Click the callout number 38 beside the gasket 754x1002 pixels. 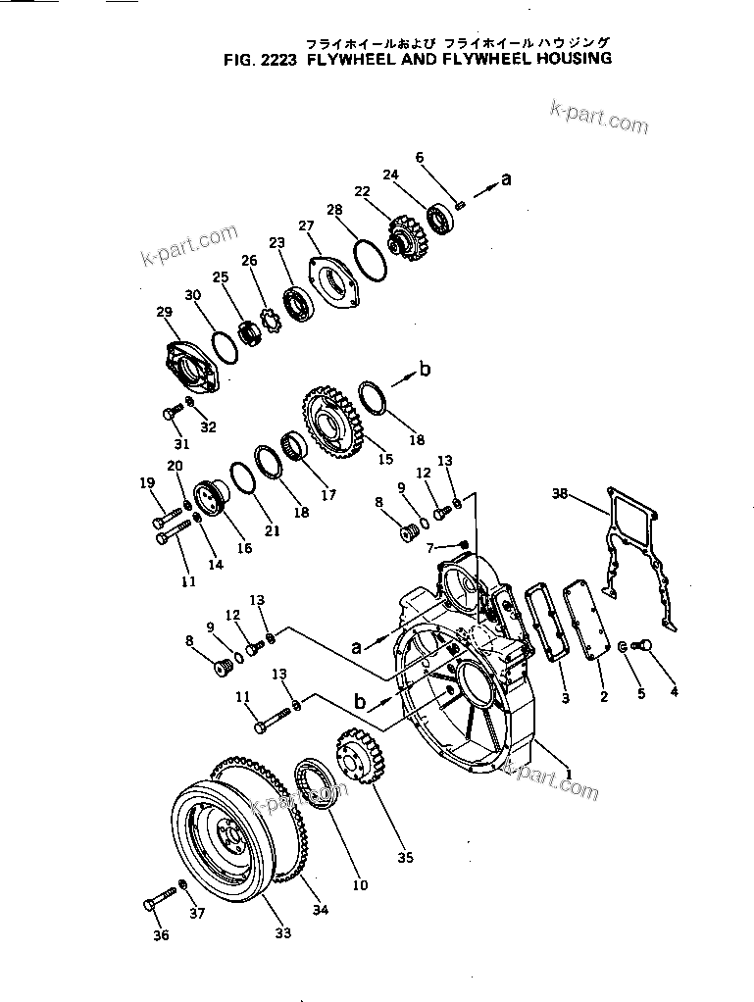560,495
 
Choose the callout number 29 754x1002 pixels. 164,313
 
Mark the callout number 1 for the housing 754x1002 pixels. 567,774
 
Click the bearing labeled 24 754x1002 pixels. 437,219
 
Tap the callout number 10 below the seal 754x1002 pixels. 360,885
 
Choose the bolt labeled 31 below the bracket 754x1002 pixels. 171,415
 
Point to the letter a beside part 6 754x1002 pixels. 506,178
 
